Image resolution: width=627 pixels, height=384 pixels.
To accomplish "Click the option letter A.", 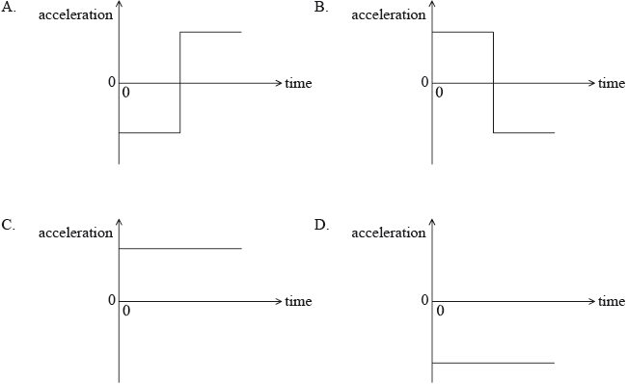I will [8, 7].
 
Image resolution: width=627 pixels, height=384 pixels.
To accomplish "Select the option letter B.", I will [321, 7].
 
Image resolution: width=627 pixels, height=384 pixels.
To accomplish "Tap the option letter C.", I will [8, 225].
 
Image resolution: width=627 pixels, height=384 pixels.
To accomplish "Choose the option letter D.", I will [321, 225].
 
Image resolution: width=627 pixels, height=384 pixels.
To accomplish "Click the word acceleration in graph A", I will [75, 15].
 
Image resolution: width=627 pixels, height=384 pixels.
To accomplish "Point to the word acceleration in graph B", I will [389, 15].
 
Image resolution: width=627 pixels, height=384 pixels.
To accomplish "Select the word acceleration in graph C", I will [75, 233].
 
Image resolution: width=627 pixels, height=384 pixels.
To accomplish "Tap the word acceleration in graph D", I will [389, 233].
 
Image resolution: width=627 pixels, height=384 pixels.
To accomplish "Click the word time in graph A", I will [298, 84].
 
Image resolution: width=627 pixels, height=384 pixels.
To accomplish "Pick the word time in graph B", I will [612, 84].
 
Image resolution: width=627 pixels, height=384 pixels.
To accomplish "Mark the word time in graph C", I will [298, 302].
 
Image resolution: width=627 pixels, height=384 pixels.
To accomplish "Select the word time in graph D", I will [612, 302].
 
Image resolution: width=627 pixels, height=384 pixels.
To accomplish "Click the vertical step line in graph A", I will [180, 82].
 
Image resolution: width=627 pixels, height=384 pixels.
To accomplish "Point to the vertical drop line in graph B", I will [493, 82].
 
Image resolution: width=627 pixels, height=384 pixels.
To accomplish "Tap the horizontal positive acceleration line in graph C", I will [179, 249].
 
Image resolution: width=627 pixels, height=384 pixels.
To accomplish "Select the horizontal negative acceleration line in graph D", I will [493, 363].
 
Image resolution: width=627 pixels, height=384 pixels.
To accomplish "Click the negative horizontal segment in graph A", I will [150, 132].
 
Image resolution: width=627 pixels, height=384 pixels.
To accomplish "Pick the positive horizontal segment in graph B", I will [462, 32].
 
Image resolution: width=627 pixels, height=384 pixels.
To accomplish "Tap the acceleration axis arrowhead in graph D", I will [432, 225].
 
